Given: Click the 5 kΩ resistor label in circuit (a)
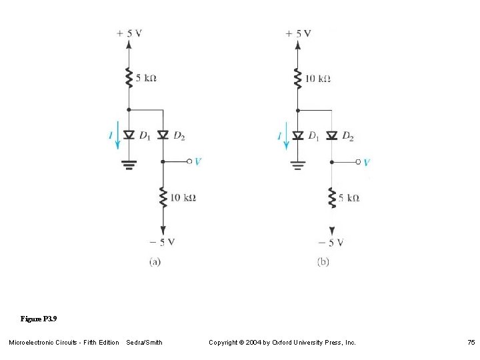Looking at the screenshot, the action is click(145, 78).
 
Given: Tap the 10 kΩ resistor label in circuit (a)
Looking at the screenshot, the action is click(183, 197).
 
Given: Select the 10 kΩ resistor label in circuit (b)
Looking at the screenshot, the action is click(317, 79).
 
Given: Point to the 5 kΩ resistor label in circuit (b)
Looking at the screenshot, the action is click(349, 197).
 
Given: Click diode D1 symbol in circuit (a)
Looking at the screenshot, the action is click(129, 135).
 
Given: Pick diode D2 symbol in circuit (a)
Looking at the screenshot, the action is click(162, 135).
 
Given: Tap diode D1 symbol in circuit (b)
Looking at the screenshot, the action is click(297, 135).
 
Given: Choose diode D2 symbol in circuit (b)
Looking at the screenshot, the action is click(331, 135).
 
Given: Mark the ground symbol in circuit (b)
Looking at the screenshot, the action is click(297, 165).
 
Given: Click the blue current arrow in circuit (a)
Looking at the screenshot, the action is click(117, 136).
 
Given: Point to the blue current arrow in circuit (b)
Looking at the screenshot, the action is click(286, 136).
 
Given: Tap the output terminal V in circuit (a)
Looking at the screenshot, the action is click(190, 161).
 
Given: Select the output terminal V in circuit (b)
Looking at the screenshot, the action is click(359, 162).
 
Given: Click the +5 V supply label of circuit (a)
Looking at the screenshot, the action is click(129, 33).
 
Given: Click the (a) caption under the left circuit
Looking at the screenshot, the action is click(154, 261).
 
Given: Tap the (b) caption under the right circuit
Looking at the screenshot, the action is click(323, 261).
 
